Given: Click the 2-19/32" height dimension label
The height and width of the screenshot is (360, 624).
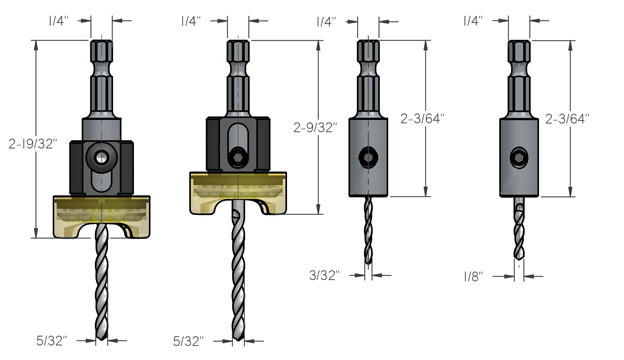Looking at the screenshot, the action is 33,144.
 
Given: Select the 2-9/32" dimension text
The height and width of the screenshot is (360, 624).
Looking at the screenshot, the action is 315,127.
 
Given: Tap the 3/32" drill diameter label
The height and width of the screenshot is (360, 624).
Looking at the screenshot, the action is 324,275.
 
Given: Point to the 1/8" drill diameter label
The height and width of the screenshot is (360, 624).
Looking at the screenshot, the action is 474,276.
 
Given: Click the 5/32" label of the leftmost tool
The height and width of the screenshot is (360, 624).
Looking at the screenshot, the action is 52,341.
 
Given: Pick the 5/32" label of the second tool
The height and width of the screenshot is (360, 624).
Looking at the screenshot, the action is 188,341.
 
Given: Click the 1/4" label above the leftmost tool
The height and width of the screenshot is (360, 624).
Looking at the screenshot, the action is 59,21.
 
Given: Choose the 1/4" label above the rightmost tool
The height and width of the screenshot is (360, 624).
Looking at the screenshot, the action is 474,21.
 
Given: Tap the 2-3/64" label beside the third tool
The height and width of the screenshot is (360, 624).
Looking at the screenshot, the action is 422,119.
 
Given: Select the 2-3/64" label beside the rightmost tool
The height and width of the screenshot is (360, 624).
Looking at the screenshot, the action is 567,119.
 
